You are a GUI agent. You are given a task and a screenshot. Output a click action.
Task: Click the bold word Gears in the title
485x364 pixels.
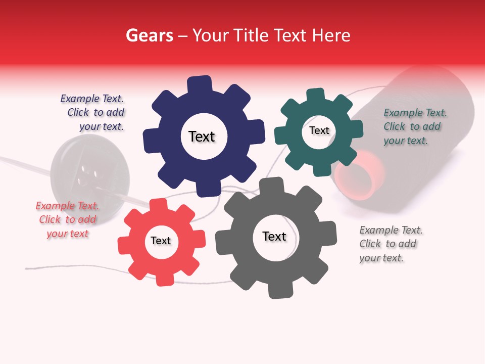150,35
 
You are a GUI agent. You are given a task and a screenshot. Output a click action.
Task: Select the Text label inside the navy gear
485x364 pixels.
202,136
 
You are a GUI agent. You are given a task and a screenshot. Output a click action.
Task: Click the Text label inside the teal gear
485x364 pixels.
319,130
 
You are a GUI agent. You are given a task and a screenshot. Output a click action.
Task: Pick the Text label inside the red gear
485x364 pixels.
161,241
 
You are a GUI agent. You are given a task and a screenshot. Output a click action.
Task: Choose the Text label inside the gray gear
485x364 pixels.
274,236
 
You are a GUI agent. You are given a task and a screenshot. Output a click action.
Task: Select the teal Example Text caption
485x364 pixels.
414,126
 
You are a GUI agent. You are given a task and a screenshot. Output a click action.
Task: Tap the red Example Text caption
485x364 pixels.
67,219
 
